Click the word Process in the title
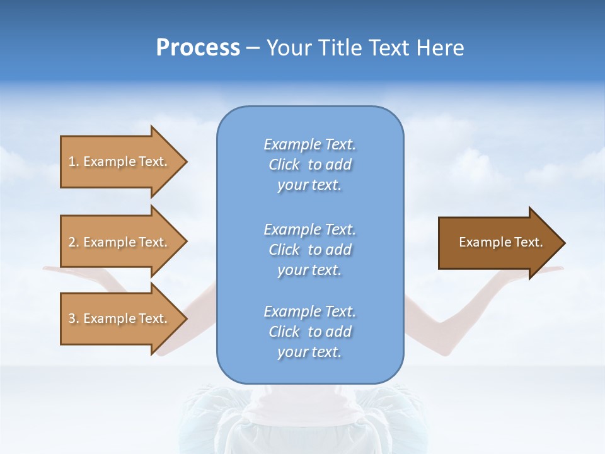pyautogui.click(x=198, y=48)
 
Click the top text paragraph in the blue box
pyautogui.click(x=309, y=165)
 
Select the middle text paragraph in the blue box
pyautogui.click(x=309, y=250)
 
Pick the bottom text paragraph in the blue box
pyautogui.click(x=309, y=332)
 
